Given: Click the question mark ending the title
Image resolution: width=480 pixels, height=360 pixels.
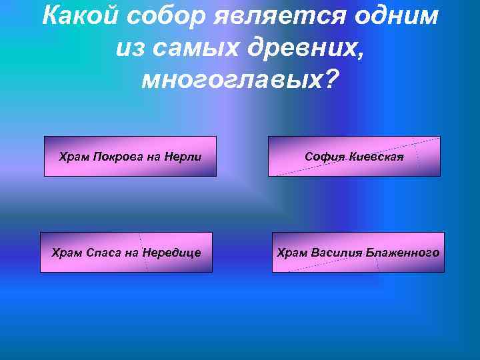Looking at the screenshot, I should (332, 80).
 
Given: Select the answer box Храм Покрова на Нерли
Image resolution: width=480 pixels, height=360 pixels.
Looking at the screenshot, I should (130, 156).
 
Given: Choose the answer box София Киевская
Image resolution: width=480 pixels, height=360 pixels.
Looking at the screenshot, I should (354, 156).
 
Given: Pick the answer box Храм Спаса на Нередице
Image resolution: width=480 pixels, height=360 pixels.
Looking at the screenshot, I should (126, 252).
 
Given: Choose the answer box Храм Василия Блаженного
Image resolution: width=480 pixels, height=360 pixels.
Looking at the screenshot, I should (358, 252).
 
